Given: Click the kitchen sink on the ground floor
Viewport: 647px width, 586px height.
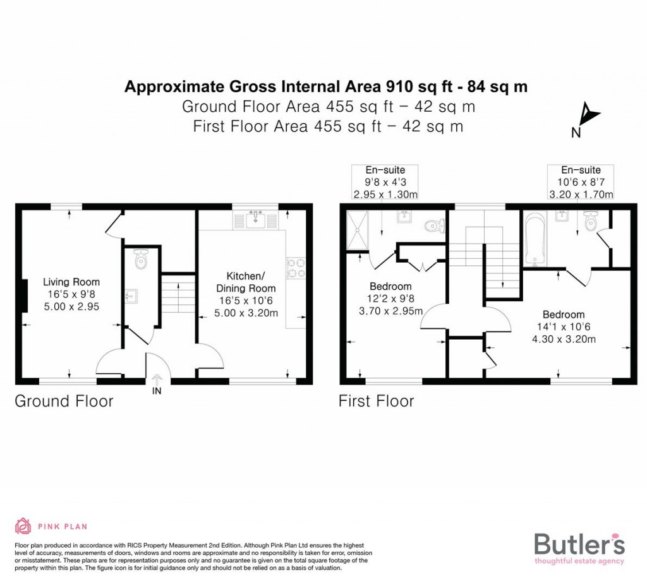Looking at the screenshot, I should click(257, 220).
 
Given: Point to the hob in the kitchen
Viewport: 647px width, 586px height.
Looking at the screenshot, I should click(296, 268).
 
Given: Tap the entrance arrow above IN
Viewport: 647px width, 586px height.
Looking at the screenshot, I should click(157, 379).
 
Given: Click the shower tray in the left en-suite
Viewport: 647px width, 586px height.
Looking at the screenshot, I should click(361, 229).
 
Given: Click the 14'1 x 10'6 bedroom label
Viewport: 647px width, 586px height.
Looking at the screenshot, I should click(563, 326).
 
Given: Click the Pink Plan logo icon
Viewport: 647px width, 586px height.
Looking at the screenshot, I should click(23, 526).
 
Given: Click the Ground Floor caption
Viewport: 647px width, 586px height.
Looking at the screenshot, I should click(64, 401).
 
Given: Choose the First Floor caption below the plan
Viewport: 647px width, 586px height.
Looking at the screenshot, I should click(376, 401).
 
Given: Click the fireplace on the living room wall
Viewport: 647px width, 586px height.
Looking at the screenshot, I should click(23, 296).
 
